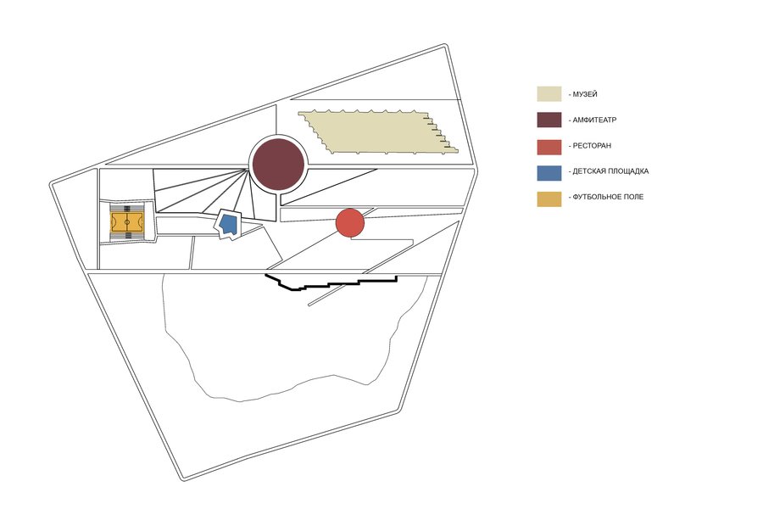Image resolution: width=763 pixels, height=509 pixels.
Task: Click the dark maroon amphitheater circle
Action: (x=278, y=164)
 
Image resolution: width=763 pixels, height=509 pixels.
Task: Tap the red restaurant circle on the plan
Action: (x=350, y=222)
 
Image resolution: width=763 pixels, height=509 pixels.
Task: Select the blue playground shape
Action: (x=228, y=224)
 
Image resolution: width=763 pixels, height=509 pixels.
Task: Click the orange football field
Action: (x=127, y=222)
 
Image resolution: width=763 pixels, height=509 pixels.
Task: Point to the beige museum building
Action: (x=378, y=131)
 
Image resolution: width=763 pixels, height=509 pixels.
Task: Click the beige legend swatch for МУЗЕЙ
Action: (x=549, y=94)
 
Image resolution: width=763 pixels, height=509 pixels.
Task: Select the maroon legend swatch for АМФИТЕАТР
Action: (x=549, y=120)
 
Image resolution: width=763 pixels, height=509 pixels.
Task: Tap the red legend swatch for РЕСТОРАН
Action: (x=549, y=147)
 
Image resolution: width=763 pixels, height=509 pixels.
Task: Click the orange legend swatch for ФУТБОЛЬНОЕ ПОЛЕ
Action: (x=549, y=199)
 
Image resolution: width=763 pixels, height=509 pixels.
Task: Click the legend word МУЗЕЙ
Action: (x=585, y=94)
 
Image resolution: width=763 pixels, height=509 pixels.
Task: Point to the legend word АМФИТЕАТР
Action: (x=594, y=120)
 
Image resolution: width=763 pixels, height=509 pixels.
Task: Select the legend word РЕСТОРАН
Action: (x=592, y=146)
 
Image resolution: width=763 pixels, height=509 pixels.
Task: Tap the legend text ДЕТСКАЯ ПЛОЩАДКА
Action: (x=610, y=171)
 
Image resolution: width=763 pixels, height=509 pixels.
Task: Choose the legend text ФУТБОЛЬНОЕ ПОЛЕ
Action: (x=608, y=197)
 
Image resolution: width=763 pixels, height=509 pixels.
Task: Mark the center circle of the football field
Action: (x=127, y=222)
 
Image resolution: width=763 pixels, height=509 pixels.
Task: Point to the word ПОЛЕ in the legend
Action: (x=633, y=197)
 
